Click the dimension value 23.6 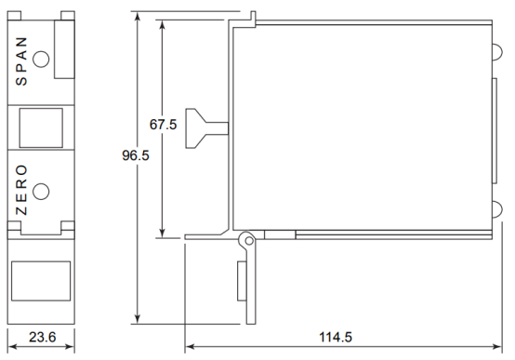43,337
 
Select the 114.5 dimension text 336,337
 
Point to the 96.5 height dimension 136,155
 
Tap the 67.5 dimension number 163,125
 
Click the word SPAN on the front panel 21,61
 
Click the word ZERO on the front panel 21,190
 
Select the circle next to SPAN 42,60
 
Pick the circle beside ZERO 42,192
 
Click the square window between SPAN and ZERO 41,127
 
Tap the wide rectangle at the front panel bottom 41,281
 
